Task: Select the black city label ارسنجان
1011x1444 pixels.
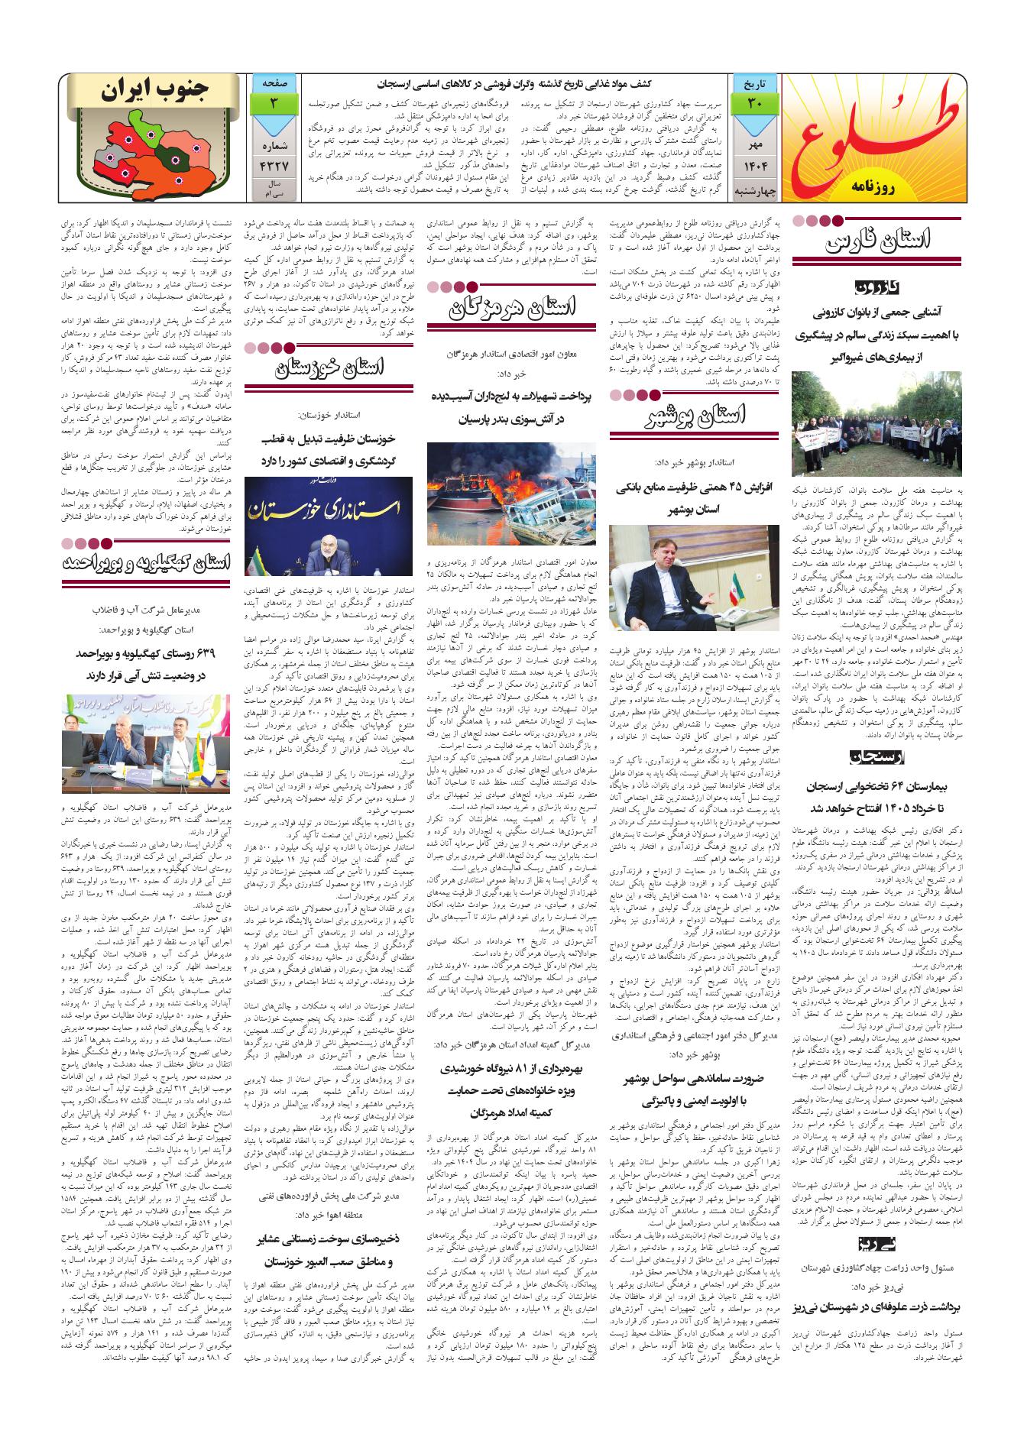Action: pos(878,756)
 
